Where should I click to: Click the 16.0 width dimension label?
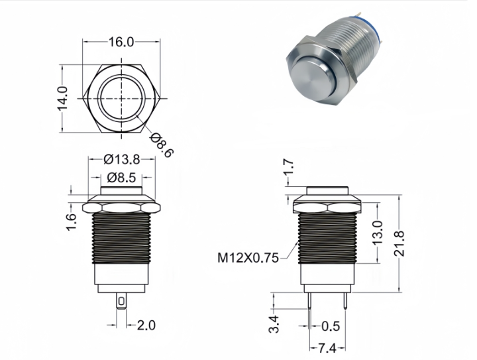121,42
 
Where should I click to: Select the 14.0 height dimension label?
63,99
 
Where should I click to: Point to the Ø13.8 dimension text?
122,159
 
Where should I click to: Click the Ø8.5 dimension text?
122,178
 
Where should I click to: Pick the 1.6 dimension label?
72,222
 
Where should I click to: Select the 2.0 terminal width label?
146,326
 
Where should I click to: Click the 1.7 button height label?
289,168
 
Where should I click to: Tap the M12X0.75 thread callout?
248,258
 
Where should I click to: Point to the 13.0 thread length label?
378,233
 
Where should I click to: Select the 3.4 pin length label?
274,324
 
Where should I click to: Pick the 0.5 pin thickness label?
331,326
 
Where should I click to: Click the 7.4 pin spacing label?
327,348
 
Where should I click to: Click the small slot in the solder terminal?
121,302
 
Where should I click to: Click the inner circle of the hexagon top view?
122,78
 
